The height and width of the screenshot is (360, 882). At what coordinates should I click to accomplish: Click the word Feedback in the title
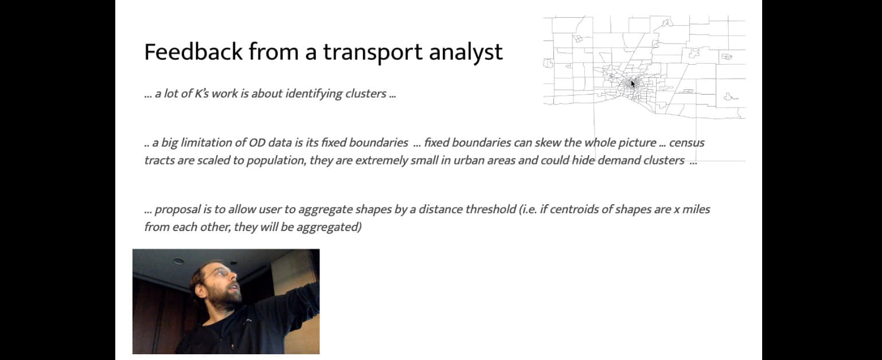pyautogui.click(x=193, y=52)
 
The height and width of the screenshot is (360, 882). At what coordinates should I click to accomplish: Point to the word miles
pyautogui.click(x=696, y=209)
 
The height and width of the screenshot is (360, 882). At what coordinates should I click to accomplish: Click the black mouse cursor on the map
pyautogui.click(x=633, y=84)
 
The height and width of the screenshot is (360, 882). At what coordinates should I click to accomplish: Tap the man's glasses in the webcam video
pyautogui.click(x=220, y=272)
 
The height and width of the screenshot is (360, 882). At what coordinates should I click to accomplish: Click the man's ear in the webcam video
pyautogui.click(x=201, y=291)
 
